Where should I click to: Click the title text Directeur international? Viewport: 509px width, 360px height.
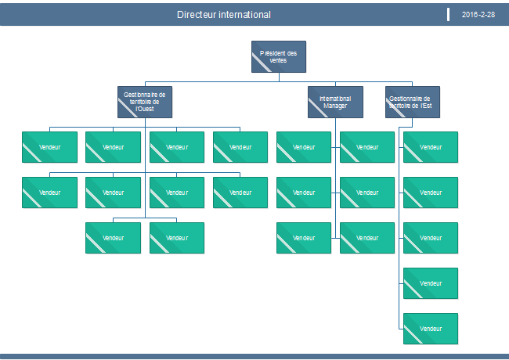pyautogui.click(x=224, y=15)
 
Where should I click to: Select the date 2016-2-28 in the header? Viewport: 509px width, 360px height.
pyautogui.click(x=478, y=15)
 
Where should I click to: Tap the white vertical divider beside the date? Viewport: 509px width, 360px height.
pyautogui.click(x=448, y=15)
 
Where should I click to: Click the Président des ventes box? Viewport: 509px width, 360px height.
pyautogui.click(x=279, y=57)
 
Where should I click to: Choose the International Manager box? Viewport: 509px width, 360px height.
pyautogui.click(x=335, y=103)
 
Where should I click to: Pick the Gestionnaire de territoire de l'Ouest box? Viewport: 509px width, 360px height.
pyautogui.click(x=145, y=103)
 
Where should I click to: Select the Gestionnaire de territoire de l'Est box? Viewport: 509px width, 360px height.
pyautogui.click(x=413, y=103)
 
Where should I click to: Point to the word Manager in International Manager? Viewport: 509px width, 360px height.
pyautogui.click(x=335, y=106)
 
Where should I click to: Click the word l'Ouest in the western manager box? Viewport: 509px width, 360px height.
pyautogui.click(x=145, y=109)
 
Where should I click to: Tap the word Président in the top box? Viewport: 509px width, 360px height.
pyautogui.click(x=272, y=53)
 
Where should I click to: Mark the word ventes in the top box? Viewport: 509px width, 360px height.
pyautogui.click(x=278, y=60)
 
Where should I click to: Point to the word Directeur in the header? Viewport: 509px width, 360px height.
pyautogui.click(x=197, y=15)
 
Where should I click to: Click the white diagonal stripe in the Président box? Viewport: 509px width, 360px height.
pyautogui.click(x=262, y=63)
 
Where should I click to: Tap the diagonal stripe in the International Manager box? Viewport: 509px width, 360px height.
pyautogui.click(x=318, y=108)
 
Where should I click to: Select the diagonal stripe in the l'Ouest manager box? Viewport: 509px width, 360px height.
pyautogui.click(x=128, y=108)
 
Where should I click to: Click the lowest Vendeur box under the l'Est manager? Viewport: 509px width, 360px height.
pyautogui.click(x=431, y=329)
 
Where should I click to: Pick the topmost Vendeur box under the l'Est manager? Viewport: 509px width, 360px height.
pyautogui.click(x=431, y=147)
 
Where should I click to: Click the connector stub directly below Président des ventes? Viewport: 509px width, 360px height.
pyautogui.click(x=279, y=77)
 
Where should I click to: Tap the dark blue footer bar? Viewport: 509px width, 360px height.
pyautogui.click(x=254, y=356)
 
